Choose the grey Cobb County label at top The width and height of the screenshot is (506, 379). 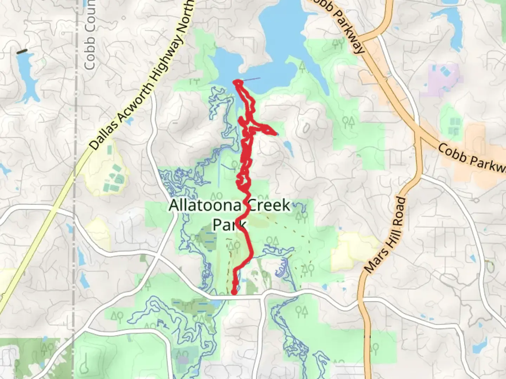coord(90,35)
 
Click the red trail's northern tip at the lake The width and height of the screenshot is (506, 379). coord(236,82)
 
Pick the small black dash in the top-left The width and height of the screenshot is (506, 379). coord(22,51)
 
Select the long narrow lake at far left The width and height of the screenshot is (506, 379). coord(27,79)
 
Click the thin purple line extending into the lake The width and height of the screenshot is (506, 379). coord(252,79)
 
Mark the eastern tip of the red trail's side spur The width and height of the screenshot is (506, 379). coord(276,133)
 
